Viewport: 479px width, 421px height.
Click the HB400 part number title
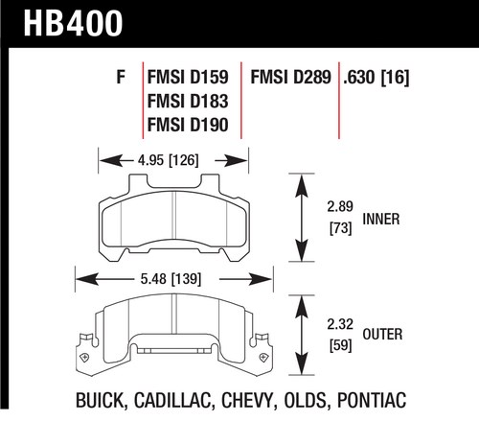tap(73, 23)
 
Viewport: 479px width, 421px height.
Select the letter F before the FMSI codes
tap(121, 77)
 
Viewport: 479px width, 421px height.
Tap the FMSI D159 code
tap(188, 77)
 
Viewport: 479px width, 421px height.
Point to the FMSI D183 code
tap(188, 101)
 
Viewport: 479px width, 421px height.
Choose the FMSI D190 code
tap(188, 125)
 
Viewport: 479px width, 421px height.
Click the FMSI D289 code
tap(290, 77)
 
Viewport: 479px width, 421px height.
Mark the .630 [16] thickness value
tap(376, 78)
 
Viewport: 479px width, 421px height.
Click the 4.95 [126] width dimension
tap(169, 160)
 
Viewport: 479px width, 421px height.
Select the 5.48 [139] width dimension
tap(171, 279)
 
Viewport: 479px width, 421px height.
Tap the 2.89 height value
tap(340, 206)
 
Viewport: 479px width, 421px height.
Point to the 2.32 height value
tap(340, 324)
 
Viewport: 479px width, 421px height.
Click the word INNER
tap(381, 220)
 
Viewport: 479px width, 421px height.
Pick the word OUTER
tap(382, 335)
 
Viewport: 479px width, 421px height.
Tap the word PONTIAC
tap(372, 400)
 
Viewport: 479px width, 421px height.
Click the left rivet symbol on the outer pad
tap(84, 357)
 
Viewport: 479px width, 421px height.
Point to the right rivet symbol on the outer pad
tap(263, 357)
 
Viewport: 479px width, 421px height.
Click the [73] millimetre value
tap(340, 228)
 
